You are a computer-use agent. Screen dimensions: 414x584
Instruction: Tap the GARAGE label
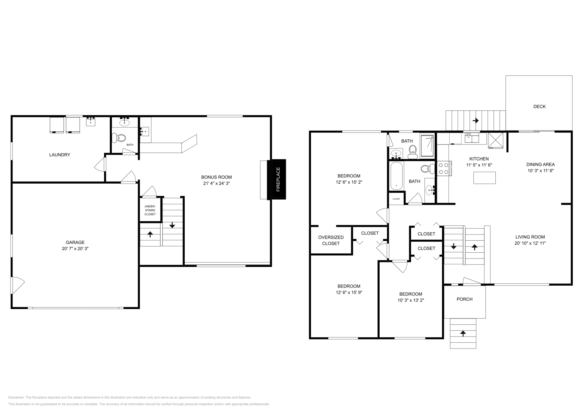(75, 242)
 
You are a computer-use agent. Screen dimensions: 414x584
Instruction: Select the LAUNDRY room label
(59, 155)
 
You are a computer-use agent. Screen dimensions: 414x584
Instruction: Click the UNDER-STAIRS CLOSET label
(150, 210)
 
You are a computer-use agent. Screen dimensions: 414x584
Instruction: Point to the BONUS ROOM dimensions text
(216, 183)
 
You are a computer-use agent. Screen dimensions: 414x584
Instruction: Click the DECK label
(539, 106)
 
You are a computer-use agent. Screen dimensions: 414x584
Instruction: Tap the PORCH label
(464, 299)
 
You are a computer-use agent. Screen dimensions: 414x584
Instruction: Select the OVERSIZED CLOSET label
(331, 240)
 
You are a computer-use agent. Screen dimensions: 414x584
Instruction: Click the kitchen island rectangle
(484, 178)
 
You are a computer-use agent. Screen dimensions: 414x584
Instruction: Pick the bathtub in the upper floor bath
(396, 177)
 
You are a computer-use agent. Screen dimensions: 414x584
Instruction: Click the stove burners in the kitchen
(443, 169)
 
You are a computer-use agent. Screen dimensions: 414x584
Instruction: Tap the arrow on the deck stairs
(475, 120)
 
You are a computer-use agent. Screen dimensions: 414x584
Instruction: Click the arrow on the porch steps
(463, 333)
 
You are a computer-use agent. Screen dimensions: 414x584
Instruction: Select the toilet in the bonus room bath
(119, 138)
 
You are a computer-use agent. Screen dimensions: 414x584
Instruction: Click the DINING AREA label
(540, 165)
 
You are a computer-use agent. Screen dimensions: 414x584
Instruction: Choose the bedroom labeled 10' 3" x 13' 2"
(411, 297)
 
